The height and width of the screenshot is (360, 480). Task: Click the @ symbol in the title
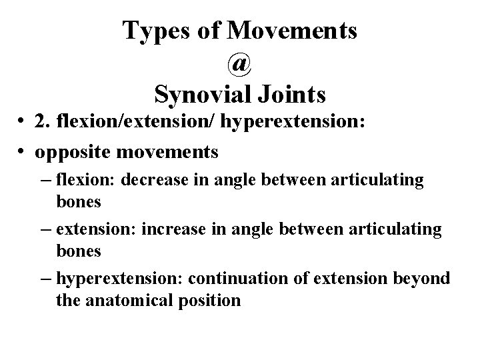pyautogui.click(x=240, y=64)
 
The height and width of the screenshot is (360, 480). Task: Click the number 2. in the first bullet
pyautogui.click(x=44, y=123)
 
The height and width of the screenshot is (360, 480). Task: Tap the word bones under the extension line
pyautogui.click(x=79, y=251)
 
